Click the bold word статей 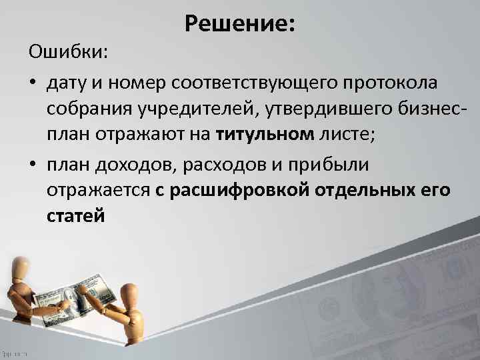point(75,218)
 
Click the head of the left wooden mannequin point(21,266)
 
